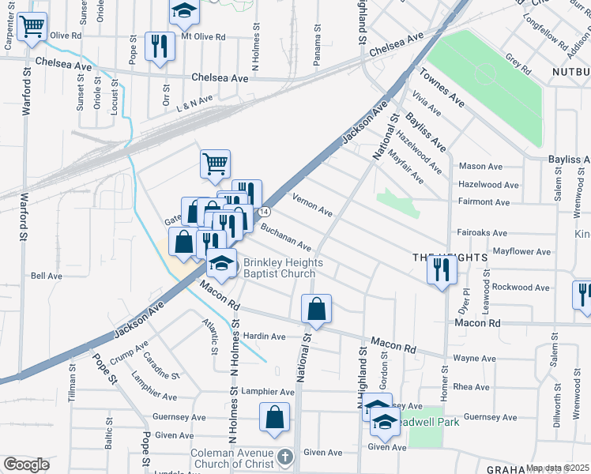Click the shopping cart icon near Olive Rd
click(x=31, y=28)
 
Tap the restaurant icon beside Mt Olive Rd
click(x=160, y=47)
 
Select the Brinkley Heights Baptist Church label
click(x=279, y=269)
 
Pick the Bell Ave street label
click(x=46, y=276)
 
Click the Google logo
click(x=26, y=465)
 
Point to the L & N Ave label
click(x=194, y=100)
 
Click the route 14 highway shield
click(x=265, y=212)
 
